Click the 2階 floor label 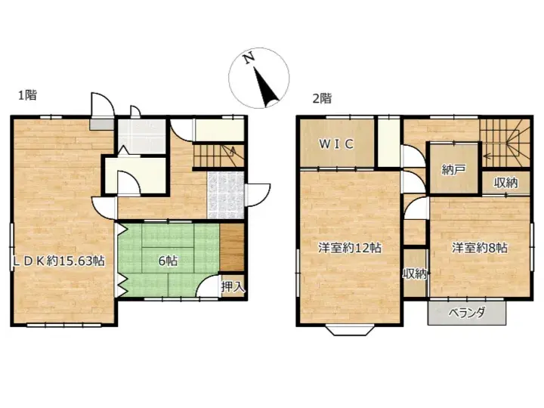(x=322, y=98)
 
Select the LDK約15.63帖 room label (x=57, y=261)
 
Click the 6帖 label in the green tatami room (x=167, y=261)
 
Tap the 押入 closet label (x=233, y=286)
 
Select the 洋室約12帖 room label (x=348, y=248)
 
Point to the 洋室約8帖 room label (x=479, y=248)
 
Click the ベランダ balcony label (x=465, y=313)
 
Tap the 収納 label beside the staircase (x=506, y=182)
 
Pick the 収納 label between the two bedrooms (x=415, y=274)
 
